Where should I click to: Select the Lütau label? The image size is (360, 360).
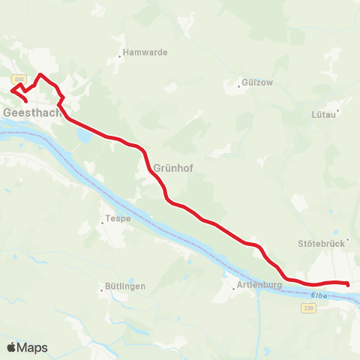(324, 115)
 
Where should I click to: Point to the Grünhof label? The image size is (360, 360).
(174, 168)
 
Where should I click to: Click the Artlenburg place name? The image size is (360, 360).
(259, 286)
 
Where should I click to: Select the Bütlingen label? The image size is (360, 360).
(123, 287)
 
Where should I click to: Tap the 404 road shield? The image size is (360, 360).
(19, 79)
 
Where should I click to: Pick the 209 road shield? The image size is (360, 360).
(310, 307)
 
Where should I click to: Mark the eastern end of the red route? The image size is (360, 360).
(349, 283)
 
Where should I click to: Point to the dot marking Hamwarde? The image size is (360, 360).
(120, 54)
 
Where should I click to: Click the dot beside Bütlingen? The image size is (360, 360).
(100, 287)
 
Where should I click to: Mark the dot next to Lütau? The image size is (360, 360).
(338, 112)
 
